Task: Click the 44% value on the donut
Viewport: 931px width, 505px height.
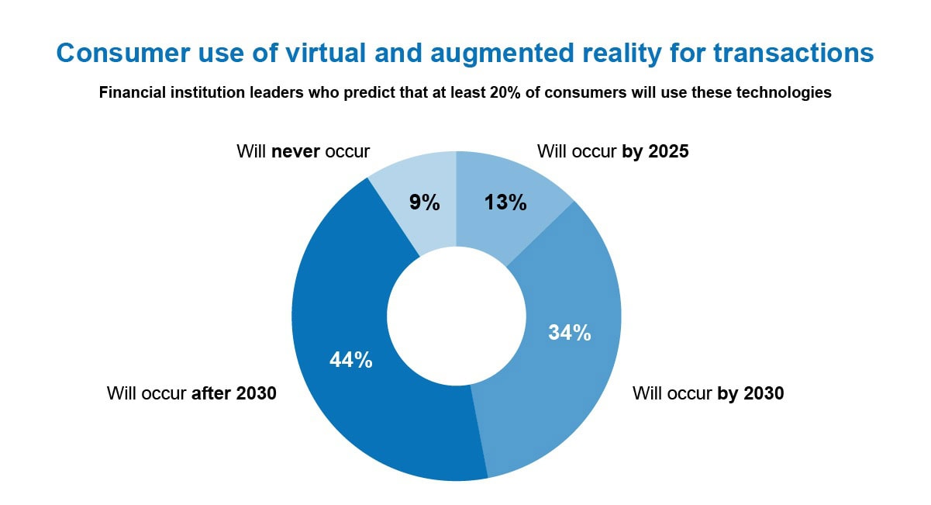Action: click(x=350, y=360)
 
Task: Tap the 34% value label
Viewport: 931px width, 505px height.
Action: click(x=570, y=333)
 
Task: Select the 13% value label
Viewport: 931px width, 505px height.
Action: click(x=505, y=203)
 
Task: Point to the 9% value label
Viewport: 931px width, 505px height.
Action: click(x=424, y=203)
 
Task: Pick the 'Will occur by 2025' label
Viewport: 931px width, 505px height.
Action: click(x=612, y=151)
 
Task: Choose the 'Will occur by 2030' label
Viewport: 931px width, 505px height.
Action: click(x=708, y=393)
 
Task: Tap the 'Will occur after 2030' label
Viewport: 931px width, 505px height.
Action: click(x=191, y=393)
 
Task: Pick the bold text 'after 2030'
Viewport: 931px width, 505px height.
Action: click(x=233, y=393)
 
